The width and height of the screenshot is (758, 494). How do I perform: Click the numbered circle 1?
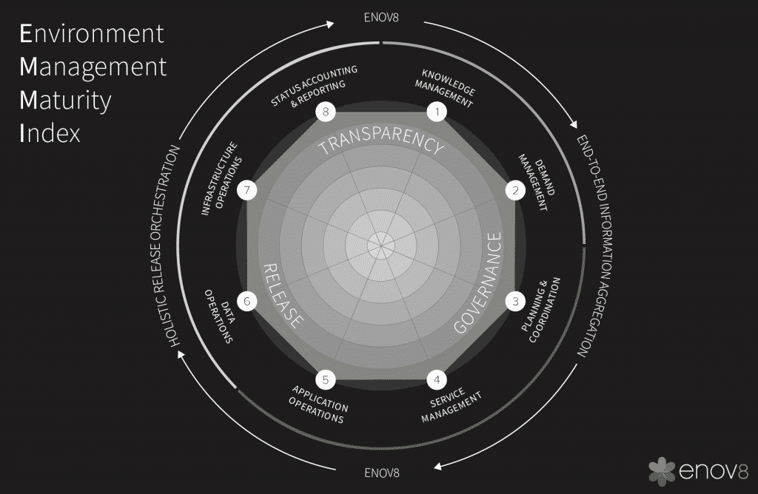coord(437,112)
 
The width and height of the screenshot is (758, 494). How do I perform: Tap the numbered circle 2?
coord(515,190)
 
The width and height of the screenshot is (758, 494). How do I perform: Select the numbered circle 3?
coord(515,301)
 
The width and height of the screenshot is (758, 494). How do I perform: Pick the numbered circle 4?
coord(437,379)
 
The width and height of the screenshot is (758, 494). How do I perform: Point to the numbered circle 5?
coord(326,379)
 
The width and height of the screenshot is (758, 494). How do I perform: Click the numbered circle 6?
coord(247,301)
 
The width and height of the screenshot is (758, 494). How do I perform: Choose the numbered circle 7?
coord(247,190)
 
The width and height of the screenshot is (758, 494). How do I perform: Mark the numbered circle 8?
coord(326,112)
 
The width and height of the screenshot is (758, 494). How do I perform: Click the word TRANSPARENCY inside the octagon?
coord(381,141)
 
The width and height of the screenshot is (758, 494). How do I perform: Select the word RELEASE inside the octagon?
coord(284,296)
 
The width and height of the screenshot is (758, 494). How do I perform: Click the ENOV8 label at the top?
coord(381,18)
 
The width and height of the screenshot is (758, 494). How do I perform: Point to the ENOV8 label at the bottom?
coord(382,473)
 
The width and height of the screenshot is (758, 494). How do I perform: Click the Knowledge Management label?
coord(445,88)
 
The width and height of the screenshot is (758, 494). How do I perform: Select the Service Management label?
coord(451,405)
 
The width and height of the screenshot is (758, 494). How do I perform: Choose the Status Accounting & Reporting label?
coord(315,87)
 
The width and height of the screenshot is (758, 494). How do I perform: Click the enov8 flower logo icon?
coord(662,471)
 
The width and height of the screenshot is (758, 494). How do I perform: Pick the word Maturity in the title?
coord(65,101)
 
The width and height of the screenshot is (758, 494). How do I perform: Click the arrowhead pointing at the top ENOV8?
coord(331,24)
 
